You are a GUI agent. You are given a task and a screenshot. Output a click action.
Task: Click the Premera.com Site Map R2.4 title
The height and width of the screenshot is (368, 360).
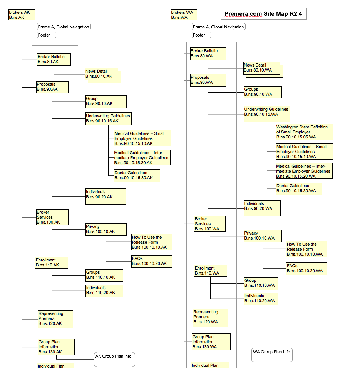263,14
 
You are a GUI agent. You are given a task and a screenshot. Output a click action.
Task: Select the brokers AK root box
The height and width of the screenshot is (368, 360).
22,15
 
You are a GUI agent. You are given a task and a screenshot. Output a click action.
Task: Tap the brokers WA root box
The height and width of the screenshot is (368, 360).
184,15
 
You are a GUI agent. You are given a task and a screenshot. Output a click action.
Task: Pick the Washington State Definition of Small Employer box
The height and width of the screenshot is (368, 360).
304,132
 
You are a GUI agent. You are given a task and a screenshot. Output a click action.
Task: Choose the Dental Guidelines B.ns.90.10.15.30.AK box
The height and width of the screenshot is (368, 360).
137,175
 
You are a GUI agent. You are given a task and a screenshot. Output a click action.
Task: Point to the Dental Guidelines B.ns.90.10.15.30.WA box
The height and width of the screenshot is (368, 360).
299,189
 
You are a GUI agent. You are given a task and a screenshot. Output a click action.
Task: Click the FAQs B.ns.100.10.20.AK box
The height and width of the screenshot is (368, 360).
152,261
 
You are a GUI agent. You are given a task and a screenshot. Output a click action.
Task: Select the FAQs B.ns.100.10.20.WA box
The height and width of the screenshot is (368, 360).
306,268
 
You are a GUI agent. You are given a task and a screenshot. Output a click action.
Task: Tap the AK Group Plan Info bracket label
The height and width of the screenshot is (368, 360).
114,359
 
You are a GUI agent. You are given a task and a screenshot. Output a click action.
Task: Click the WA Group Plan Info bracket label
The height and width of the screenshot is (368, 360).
272,355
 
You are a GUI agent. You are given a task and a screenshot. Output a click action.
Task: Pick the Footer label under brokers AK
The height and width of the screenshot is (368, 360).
47,35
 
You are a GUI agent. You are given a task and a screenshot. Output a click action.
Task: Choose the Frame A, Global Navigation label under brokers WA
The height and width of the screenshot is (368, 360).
219,27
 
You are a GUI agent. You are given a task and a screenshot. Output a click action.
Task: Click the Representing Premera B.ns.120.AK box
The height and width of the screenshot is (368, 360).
55,319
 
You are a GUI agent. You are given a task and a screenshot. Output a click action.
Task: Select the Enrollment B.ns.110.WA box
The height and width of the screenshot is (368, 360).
211,271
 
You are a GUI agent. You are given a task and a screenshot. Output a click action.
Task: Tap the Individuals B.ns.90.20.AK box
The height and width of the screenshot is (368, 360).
105,196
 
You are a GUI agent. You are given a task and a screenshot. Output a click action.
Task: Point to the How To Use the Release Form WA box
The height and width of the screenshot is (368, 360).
306,249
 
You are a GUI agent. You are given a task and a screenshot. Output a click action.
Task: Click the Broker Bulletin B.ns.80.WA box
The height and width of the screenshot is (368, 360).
208,53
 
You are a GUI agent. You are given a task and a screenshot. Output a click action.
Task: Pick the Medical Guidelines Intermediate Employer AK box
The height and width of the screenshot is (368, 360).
142,158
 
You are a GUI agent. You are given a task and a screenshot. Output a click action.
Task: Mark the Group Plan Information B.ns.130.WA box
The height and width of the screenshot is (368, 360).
211,341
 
